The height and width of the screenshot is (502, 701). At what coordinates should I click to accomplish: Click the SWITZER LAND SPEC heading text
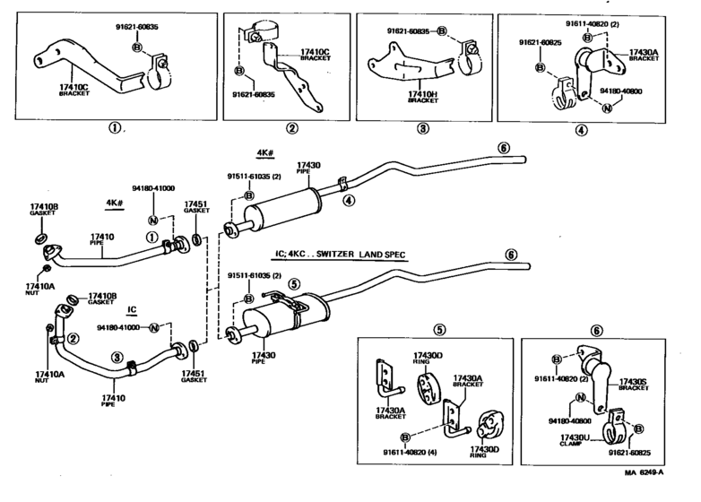pos(337,255)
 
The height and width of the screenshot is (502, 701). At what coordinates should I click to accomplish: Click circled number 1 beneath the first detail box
pos(115,127)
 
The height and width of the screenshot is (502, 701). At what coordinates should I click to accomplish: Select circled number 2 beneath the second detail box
pos(291,127)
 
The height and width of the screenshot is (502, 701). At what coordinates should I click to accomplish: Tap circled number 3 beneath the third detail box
pos(422,127)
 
